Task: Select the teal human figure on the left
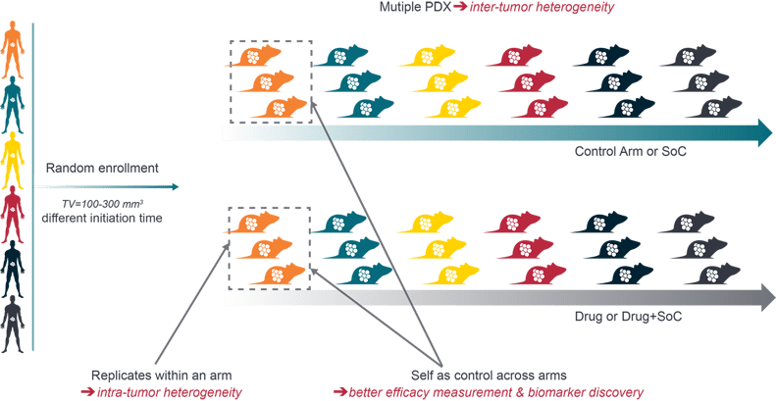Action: pos(12,104)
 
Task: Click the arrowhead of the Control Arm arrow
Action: pos(762,131)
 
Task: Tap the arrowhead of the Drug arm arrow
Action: pos(762,296)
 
